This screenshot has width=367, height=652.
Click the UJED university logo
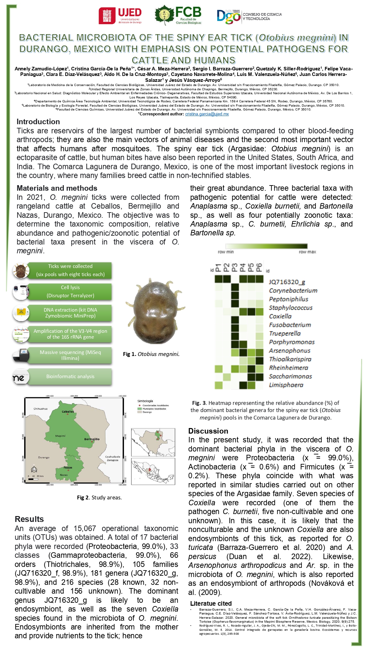click(x=120, y=16)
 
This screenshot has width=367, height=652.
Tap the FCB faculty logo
click(x=178, y=16)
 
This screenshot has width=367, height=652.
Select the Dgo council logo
click(x=249, y=16)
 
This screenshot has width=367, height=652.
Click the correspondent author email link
click(x=207, y=114)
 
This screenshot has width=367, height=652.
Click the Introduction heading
click(x=38, y=122)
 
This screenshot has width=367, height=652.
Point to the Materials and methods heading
click(x=57, y=188)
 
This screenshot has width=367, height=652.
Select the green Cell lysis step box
click(x=70, y=291)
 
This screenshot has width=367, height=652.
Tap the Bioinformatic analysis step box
click(x=70, y=377)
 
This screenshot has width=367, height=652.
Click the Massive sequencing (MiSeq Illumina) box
click(x=70, y=355)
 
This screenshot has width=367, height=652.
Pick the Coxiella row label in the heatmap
click(x=280, y=316)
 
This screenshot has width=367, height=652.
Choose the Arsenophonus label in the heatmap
click(x=289, y=351)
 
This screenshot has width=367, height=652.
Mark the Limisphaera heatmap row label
click(x=286, y=385)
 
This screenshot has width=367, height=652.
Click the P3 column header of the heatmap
click(x=235, y=268)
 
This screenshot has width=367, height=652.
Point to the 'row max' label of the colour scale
click(x=307, y=252)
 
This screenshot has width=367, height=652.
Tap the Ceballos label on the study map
click(x=68, y=411)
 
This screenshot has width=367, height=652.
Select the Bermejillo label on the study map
click(x=92, y=439)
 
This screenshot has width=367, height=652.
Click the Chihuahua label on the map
click(x=40, y=408)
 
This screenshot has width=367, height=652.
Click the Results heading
click(x=29, y=519)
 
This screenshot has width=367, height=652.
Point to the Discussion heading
click(x=208, y=431)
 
